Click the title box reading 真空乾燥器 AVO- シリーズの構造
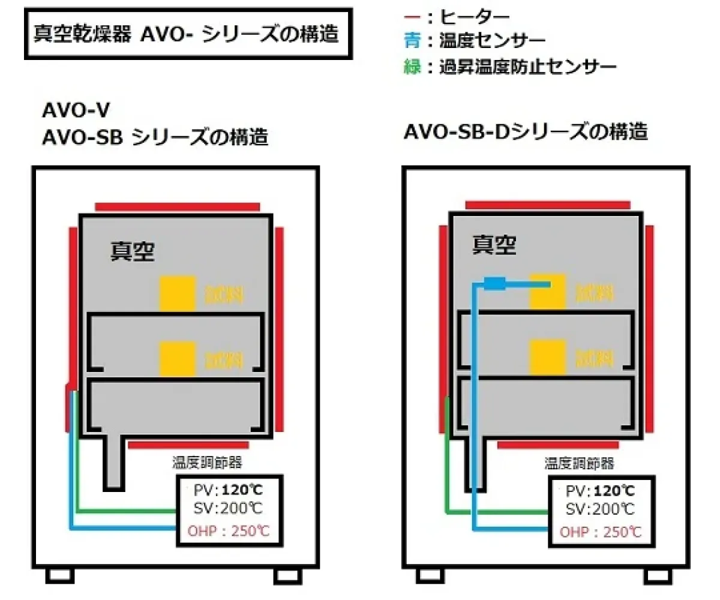tap(186, 33)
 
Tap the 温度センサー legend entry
tap(474, 41)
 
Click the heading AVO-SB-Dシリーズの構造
tap(526, 131)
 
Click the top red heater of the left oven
tap(178, 206)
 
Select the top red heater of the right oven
tap(548, 205)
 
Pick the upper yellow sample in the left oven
tap(178, 293)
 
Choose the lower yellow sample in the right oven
tap(547, 356)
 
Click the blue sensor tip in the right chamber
tap(495, 283)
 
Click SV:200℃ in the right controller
tap(601, 510)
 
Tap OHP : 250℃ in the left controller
tap(230, 530)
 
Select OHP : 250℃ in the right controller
tap(600, 532)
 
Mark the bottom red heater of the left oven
tap(188, 445)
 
